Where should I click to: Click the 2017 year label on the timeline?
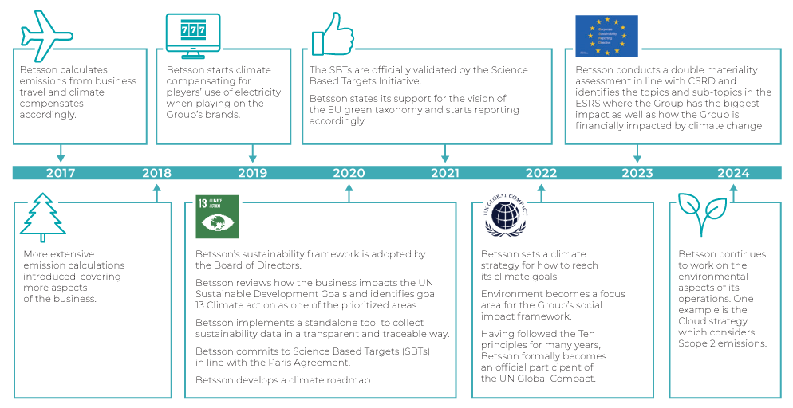61,173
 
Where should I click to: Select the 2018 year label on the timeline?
156,173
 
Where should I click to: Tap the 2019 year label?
253,173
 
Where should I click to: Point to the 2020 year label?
349,173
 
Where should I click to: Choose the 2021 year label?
445,173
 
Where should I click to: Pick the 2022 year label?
541,173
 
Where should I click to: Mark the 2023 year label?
637,173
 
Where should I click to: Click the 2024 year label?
733,173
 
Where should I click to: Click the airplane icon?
48,35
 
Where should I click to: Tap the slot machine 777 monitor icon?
192,33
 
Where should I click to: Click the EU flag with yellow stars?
606,36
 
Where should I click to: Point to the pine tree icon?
43,216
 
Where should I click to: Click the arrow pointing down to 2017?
61,154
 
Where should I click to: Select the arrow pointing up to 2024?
733,192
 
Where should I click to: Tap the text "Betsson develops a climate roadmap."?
283,380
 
